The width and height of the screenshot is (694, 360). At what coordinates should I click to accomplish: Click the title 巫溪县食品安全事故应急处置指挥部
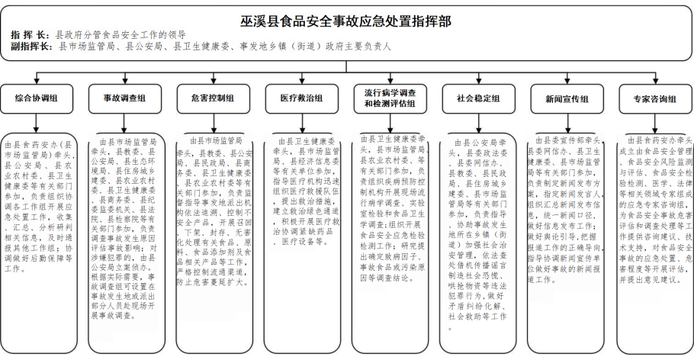pos(346,21)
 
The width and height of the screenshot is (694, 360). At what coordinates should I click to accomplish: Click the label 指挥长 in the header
pos(28,36)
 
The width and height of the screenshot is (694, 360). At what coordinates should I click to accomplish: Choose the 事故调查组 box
pos(124,98)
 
